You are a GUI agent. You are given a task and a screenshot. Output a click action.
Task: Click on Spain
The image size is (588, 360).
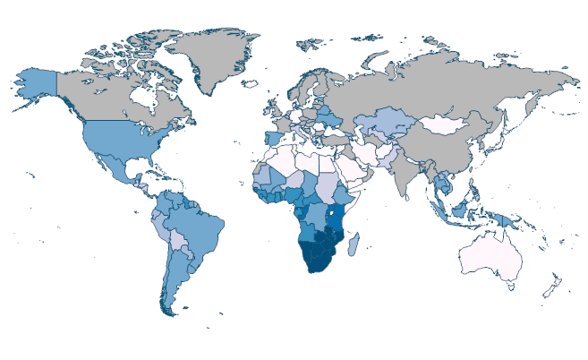(269, 142)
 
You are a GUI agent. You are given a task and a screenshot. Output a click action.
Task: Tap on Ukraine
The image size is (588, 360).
(330, 121)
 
